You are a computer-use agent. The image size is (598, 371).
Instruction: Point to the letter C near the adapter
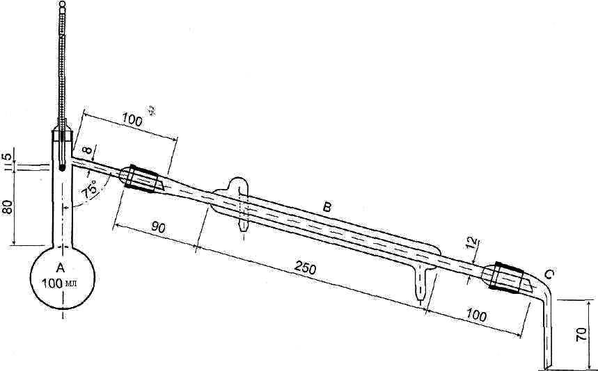549,275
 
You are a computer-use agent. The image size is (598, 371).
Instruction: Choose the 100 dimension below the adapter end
475,315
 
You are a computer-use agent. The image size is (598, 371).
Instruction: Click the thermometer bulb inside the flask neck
62,166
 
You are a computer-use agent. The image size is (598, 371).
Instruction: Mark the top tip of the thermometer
63,4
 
